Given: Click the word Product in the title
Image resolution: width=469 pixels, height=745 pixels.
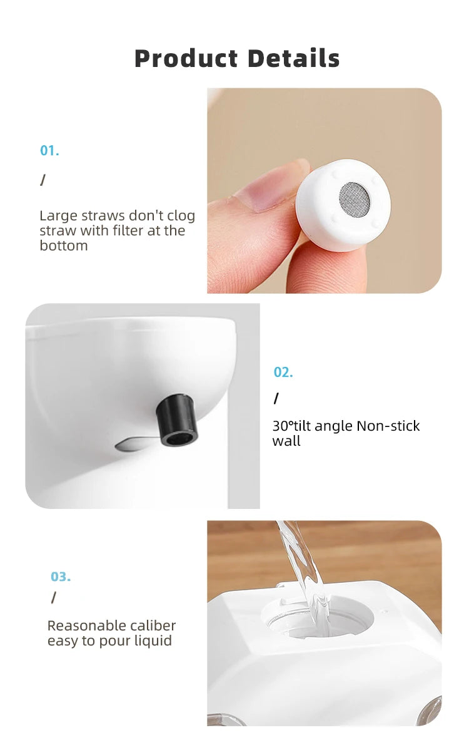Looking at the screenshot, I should coord(186,59).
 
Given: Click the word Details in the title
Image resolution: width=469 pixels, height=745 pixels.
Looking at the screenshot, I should coord(293,59).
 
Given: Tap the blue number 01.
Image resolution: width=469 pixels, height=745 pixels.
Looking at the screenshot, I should coord(49,151).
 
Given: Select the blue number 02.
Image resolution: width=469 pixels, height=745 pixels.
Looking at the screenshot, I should coord(283,372).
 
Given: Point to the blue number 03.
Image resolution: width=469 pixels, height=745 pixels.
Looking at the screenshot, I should coord(61,577).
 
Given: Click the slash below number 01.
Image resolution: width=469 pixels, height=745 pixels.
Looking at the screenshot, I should coord(43,180).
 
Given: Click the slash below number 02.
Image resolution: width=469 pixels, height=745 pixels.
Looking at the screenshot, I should coord(276,399).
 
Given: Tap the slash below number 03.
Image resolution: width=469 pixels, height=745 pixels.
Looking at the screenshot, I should coord(53,598).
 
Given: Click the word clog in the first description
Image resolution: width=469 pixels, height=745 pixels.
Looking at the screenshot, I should coord(181,216).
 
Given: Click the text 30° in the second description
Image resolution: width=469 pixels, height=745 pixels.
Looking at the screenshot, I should coord(283,426).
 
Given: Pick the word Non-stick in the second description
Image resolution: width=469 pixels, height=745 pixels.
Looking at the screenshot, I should coord(388,426).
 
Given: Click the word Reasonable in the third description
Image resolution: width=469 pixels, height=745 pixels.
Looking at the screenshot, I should coord(78,626).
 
